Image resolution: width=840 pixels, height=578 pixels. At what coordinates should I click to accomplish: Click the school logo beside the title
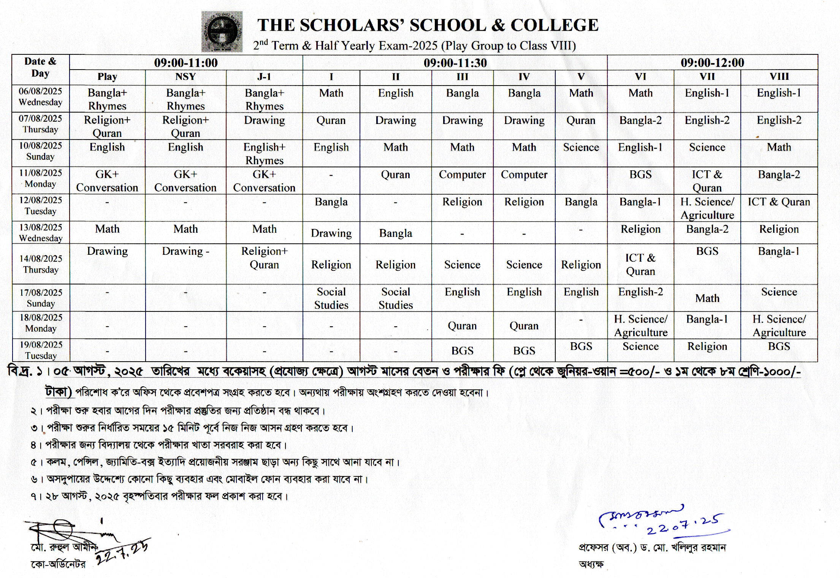(x=222, y=32)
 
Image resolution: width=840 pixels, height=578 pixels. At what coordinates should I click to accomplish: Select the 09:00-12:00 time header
(x=712, y=62)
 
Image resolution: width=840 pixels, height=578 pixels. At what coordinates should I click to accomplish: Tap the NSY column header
(x=185, y=77)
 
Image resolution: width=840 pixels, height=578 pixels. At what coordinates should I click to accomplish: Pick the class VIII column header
(x=779, y=77)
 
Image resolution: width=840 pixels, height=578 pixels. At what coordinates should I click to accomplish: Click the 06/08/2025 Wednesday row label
(x=40, y=97)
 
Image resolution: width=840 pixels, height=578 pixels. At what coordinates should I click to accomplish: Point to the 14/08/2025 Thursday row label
(x=40, y=264)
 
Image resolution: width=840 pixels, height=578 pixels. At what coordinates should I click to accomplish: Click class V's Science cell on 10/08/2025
(x=581, y=148)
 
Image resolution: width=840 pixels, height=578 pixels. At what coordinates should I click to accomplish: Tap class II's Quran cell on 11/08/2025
(x=395, y=175)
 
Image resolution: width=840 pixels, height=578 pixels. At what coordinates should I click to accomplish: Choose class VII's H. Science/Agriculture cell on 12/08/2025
(x=707, y=208)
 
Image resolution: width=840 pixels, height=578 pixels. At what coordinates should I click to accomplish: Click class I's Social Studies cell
(x=331, y=299)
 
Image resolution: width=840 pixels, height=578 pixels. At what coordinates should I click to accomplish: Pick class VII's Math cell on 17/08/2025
(x=707, y=299)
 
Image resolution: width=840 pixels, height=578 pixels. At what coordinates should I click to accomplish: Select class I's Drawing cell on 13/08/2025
(x=331, y=233)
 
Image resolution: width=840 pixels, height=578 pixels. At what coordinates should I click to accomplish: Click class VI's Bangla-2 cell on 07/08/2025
(x=640, y=121)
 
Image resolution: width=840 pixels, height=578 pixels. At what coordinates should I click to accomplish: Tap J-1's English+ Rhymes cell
(x=264, y=154)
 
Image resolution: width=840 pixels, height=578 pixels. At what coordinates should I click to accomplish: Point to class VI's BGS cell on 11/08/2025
(x=640, y=175)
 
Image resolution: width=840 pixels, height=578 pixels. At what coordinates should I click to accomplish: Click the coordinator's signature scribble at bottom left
(x=65, y=530)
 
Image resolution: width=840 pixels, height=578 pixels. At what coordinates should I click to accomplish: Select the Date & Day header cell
(x=40, y=67)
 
